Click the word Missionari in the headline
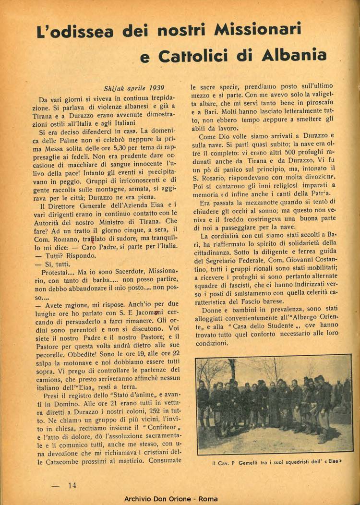(x=258, y=31)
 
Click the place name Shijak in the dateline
(x=115, y=88)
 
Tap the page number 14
(x=72, y=485)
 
